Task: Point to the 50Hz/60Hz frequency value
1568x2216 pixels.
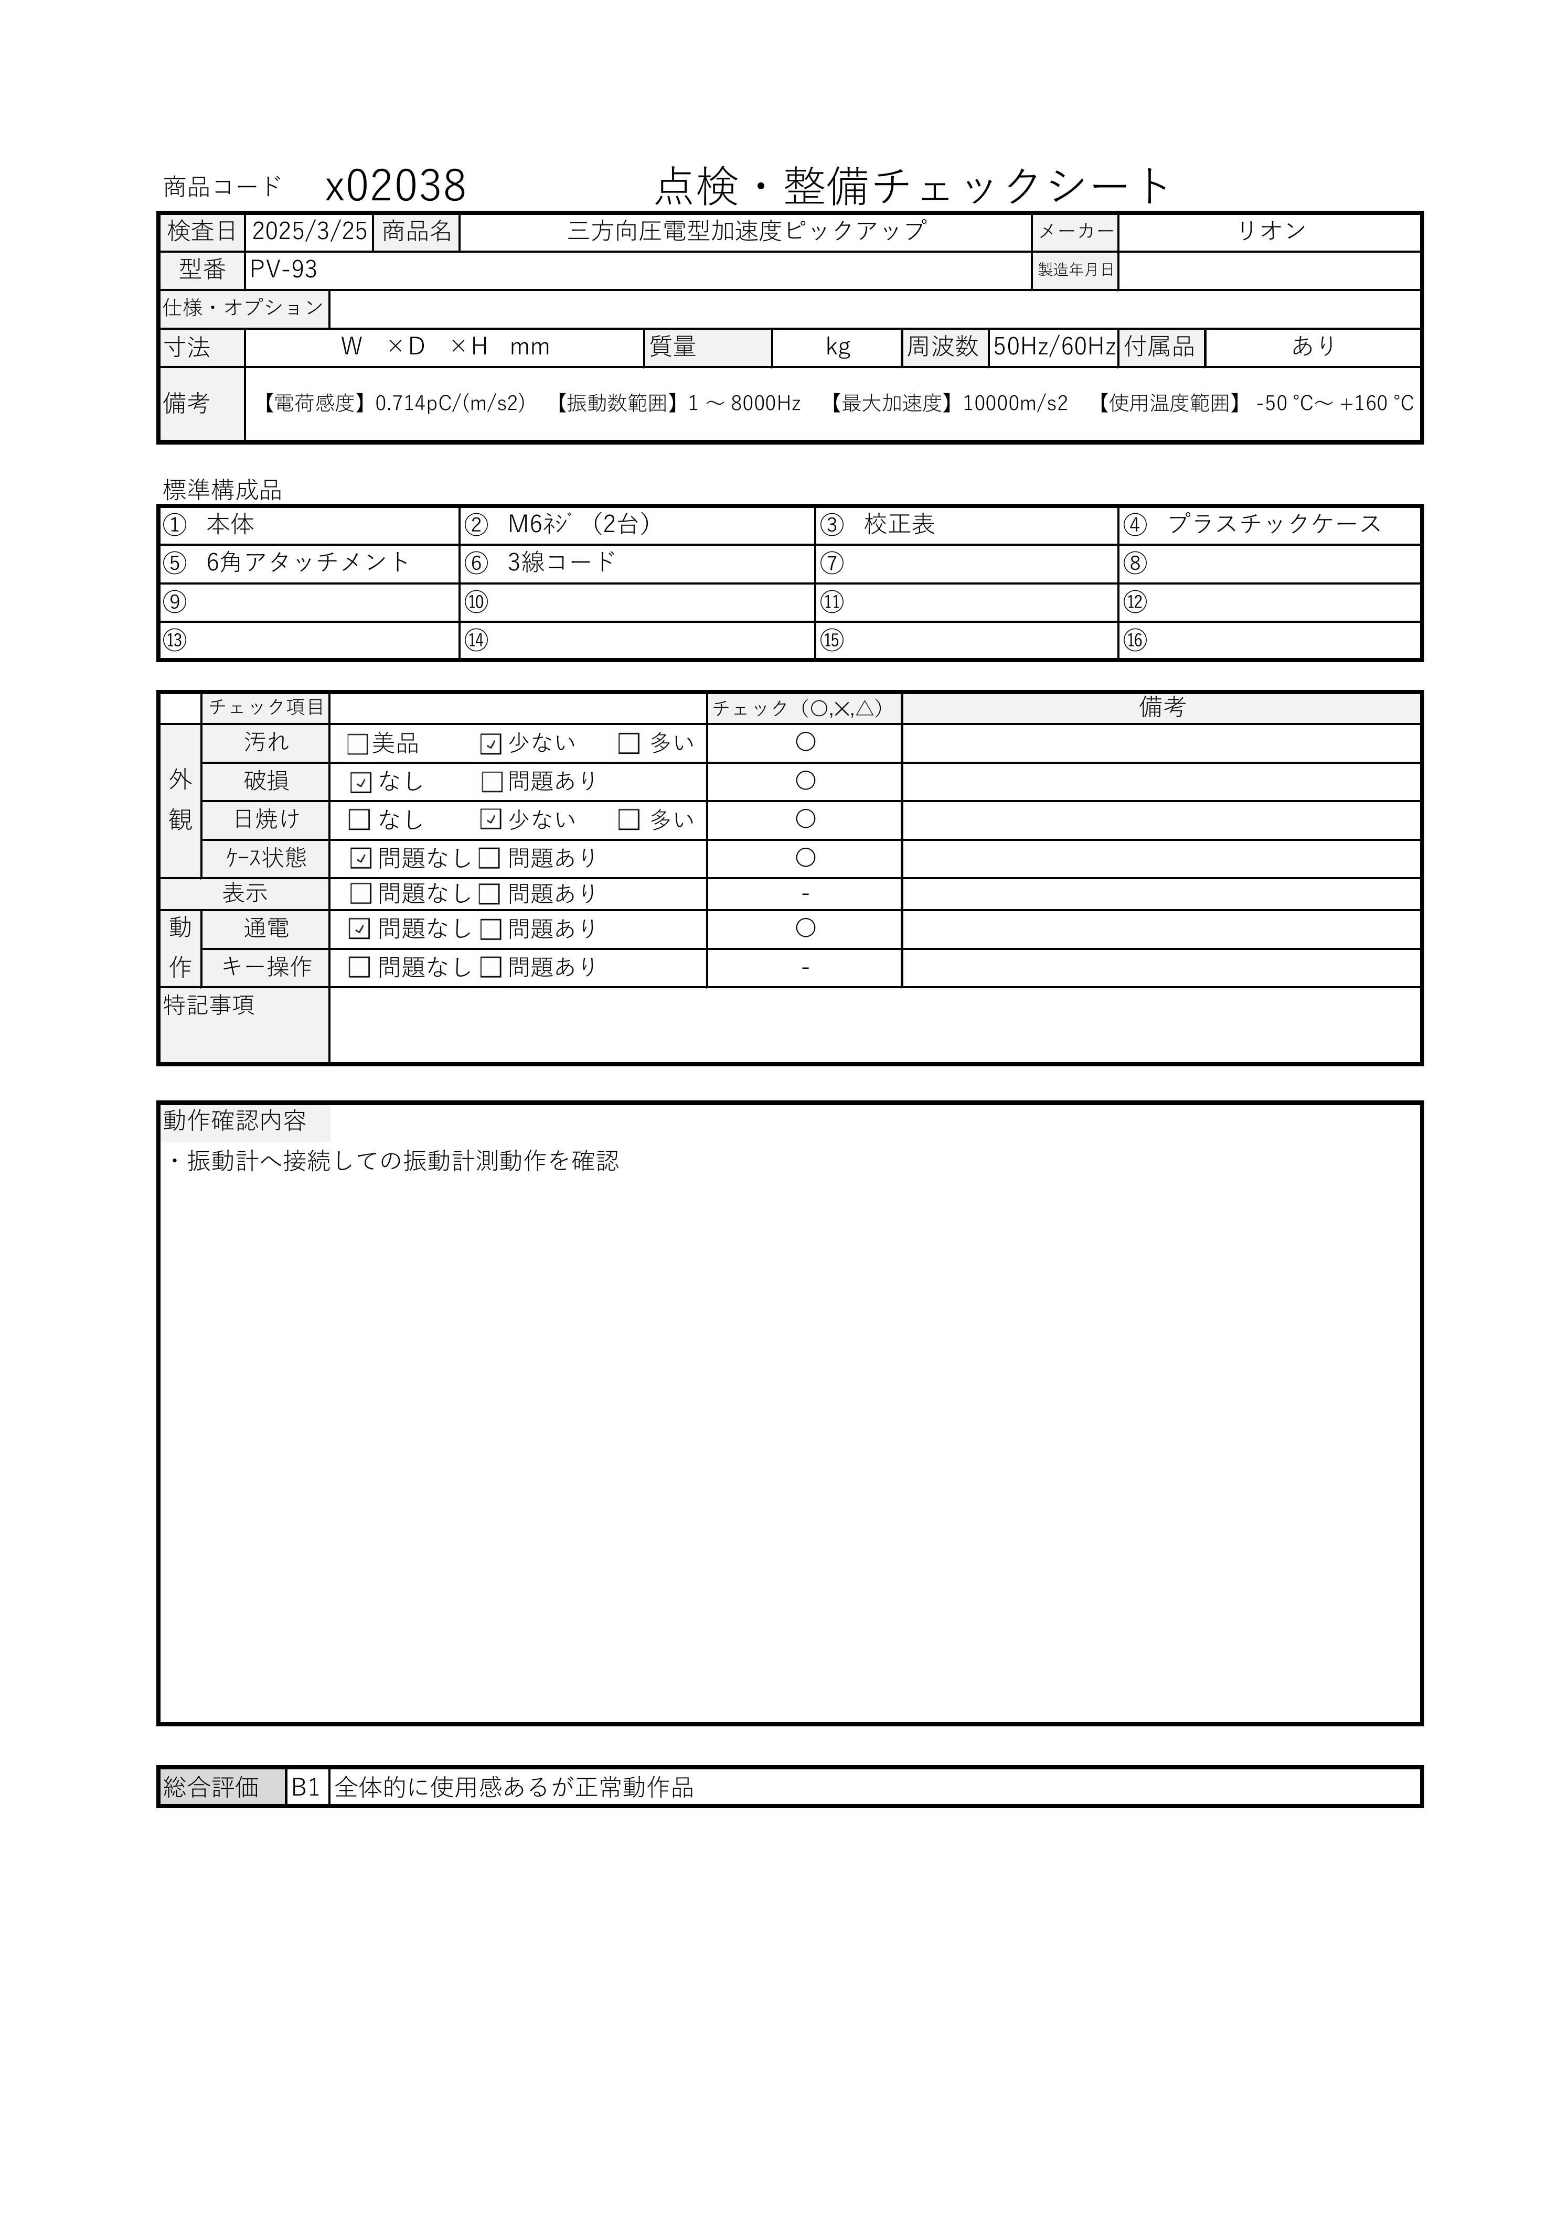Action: (x=1053, y=347)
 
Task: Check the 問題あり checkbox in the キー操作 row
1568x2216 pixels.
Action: (x=490, y=968)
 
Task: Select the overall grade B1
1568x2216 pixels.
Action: (x=305, y=1788)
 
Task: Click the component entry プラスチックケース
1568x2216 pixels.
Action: (x=1274, y=525)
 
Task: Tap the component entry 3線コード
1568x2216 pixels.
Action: (x=561, y=563)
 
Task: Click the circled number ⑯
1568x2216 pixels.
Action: (x=1135, y=641)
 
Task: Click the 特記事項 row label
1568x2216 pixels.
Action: (x=209, y=1006)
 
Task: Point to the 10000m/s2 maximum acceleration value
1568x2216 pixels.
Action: (x=1015, y=404)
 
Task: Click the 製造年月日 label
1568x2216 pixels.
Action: (x=1075, y=270)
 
